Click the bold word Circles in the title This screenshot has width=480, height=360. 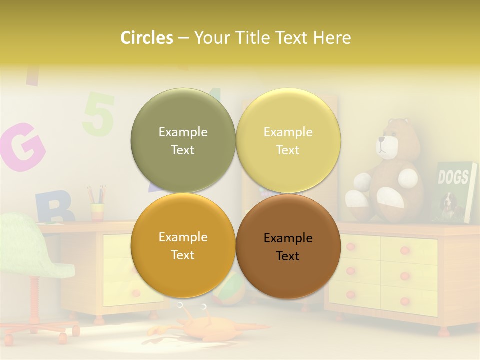146,38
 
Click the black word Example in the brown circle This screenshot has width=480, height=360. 288,238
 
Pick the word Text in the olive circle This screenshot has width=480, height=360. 183,150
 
